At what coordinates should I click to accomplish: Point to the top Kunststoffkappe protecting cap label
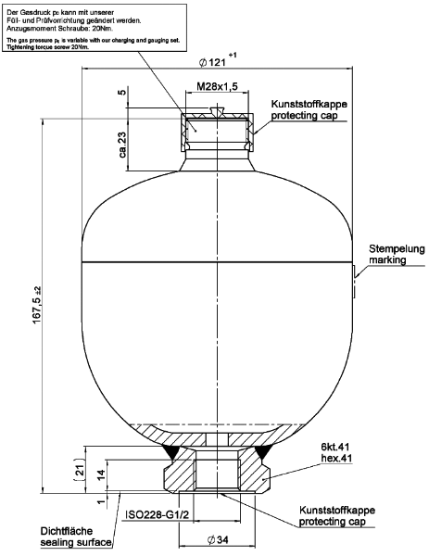point(307,110)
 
